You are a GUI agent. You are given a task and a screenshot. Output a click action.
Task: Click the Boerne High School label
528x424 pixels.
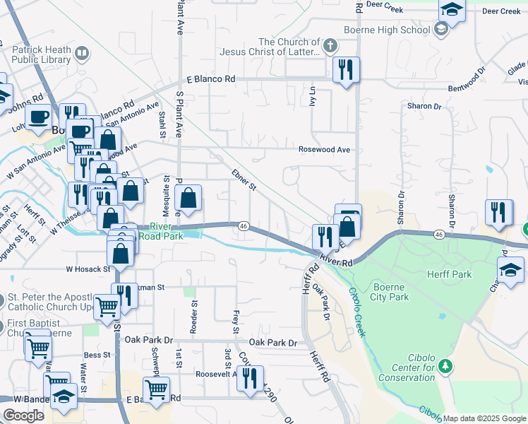[x=386, y=30]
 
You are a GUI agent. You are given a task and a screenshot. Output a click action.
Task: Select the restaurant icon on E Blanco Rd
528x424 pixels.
[x=346, y=71]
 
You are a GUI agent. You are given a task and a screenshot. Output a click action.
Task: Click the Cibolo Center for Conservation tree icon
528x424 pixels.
[x=445, y=365]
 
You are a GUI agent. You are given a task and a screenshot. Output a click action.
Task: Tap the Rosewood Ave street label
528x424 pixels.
[x=324, y=150]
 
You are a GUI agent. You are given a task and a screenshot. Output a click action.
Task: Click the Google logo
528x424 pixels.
[x=23, y=416]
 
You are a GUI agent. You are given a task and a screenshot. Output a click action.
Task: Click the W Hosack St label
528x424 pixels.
[x=88, y=269]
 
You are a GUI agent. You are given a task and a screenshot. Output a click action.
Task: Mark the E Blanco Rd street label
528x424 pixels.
[x=210, y=80]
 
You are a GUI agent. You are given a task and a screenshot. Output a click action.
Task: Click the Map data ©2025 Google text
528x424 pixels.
[x=484, y=418]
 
